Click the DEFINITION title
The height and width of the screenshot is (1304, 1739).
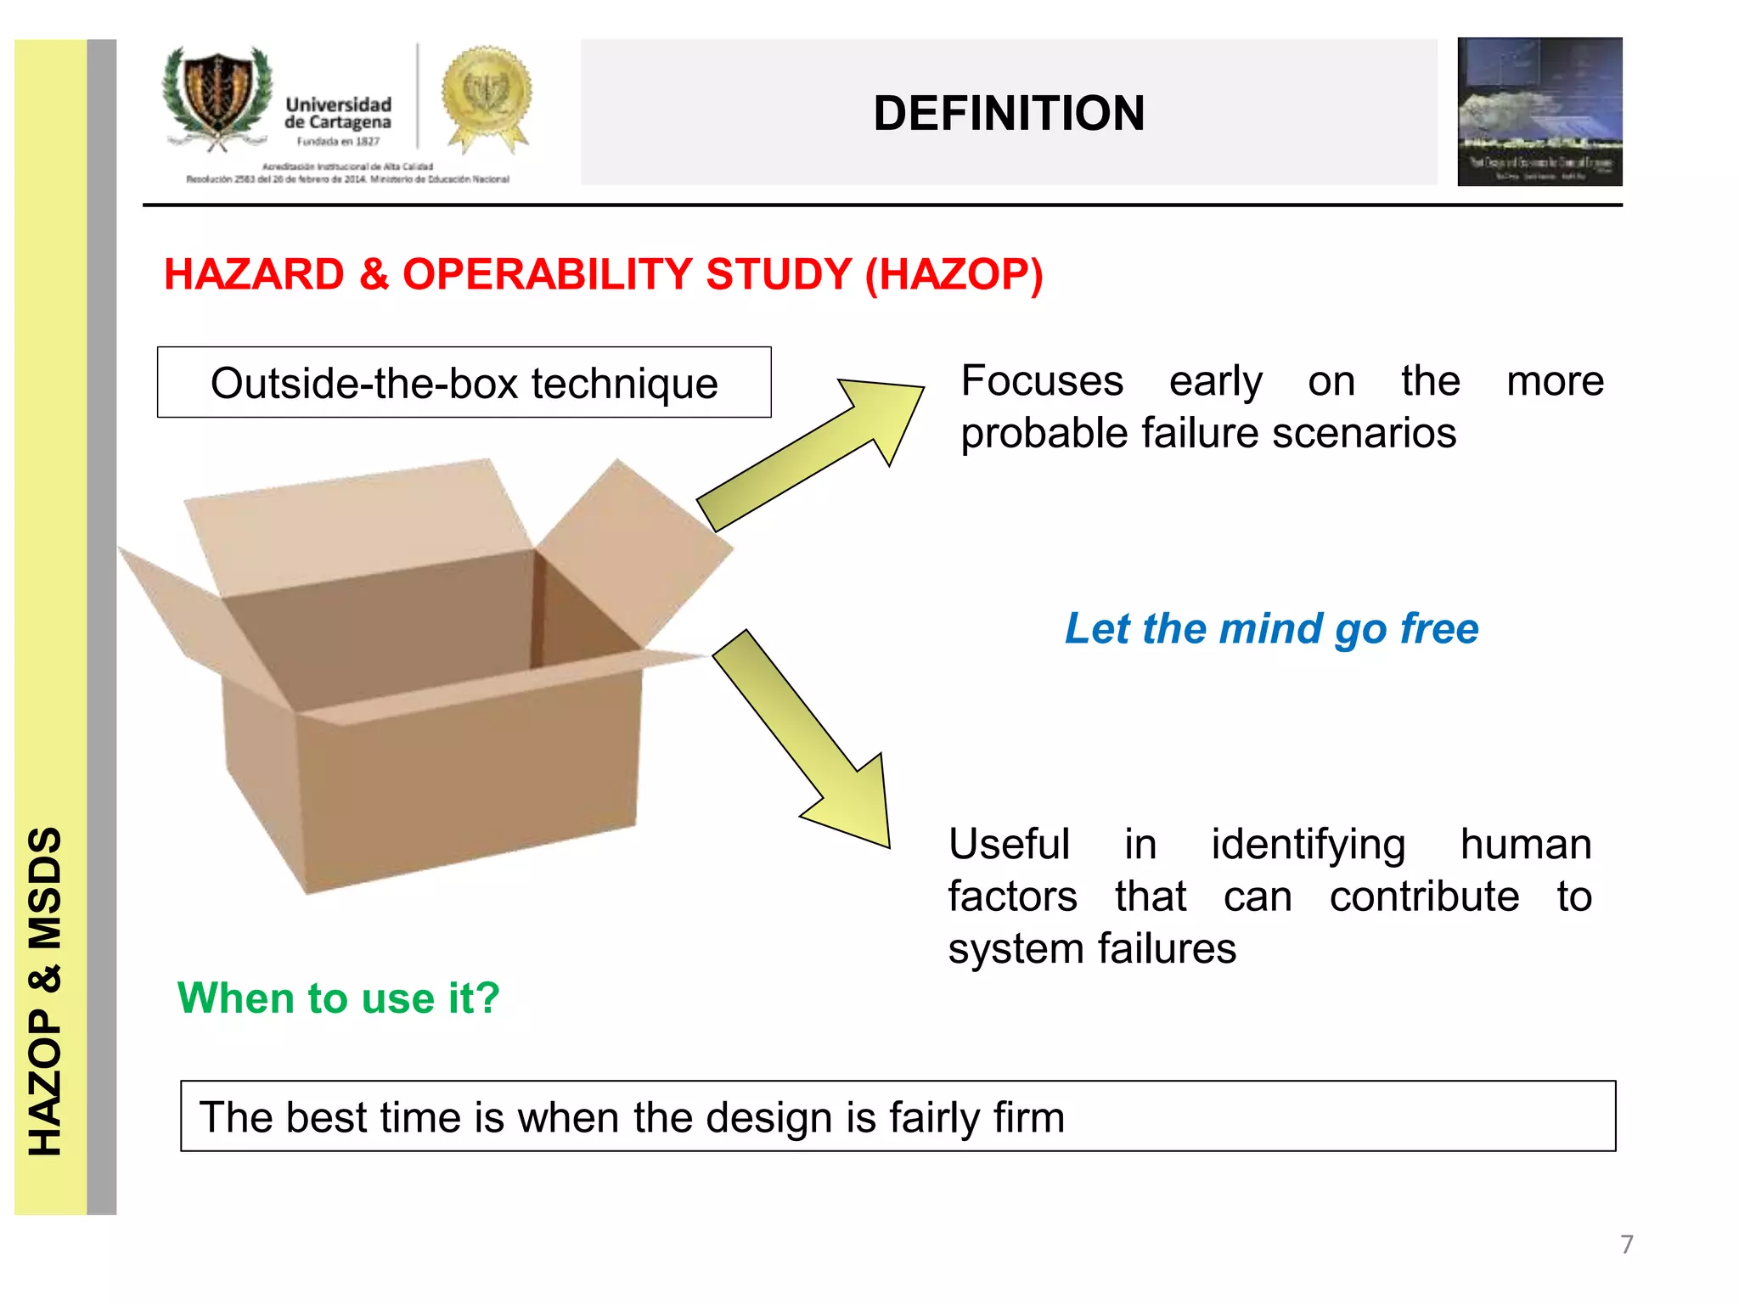click(1008, 113)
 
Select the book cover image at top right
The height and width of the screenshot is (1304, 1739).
click(1539, 111)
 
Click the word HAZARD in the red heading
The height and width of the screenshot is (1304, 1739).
click(254, 274)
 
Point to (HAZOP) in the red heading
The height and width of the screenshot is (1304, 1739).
click(954, 274)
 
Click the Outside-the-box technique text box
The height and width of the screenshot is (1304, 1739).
click(464, 383)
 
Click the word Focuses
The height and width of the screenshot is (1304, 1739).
click(1042, 380)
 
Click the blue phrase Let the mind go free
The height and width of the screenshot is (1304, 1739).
click(1271, 629)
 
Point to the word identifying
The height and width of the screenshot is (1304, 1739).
click(1308, 845)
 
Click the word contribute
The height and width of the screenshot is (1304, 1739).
click(1424, 896)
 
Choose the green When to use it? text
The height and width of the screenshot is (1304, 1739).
click(338, 998)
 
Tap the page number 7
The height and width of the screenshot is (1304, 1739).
click(1626, 1244)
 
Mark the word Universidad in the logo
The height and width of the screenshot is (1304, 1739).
click(338, 104)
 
